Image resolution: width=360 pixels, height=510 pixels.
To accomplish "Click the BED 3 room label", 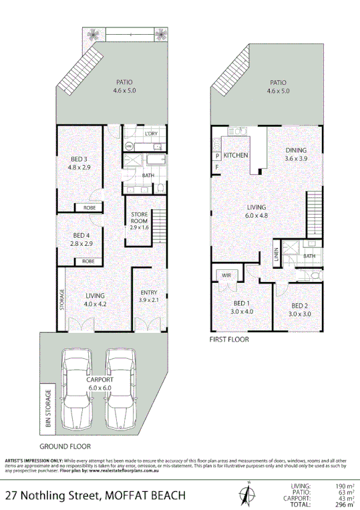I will click(x=79, y=159).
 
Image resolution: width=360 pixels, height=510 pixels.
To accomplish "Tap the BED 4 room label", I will click(x=79, y=235).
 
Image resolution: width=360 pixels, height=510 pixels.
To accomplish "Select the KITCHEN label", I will click(x=236, y=155).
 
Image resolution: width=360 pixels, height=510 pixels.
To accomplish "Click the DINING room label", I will click(x=295, y=150).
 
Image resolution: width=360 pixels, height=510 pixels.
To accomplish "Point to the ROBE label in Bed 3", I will click(x=89, y=208).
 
